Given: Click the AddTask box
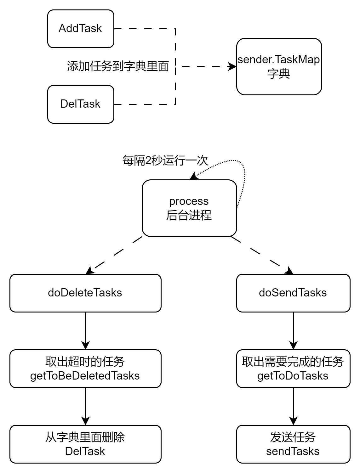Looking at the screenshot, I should [81, 29].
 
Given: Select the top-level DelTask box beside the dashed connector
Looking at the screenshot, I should [81, 104].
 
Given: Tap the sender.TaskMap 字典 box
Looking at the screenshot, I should [279, 66].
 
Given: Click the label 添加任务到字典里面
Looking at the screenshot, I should [118, 66].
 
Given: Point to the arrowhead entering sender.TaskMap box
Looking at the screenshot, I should [232, 66].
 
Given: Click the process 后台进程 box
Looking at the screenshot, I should [189, 208].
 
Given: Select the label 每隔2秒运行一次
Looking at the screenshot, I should [165, 160].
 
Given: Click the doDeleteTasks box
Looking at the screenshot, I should [85, 293].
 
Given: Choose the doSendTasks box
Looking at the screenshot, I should [293, 293].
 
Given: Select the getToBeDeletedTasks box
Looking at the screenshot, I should [85, 369].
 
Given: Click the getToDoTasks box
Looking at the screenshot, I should [293, 369].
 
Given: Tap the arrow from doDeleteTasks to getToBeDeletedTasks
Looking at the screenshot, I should [85, 330].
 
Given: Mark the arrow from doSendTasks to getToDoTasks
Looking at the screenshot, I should [293, 330].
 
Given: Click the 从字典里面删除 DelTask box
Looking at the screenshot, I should [85, 444].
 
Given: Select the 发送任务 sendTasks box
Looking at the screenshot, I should [293, 444].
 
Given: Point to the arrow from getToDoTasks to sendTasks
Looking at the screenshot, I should [293, 406].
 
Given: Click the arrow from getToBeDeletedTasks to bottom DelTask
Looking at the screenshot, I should [85, 406].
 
